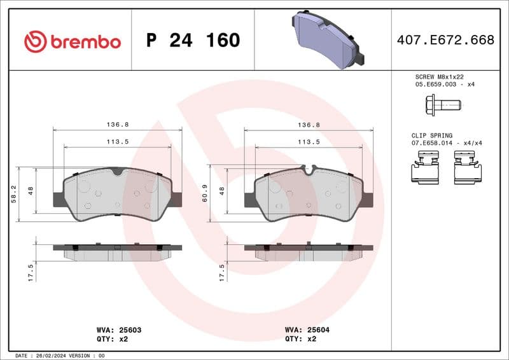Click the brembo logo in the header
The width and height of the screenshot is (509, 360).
[72, 41]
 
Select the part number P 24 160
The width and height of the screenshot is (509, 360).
[193, 41]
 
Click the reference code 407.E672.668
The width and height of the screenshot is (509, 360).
[445, 40]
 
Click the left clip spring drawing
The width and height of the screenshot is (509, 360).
[424, 170]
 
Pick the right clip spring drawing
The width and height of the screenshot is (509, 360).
[467, 170]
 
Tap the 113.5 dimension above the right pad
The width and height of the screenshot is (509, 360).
[309, 142]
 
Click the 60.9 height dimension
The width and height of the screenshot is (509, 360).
[205, 194]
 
